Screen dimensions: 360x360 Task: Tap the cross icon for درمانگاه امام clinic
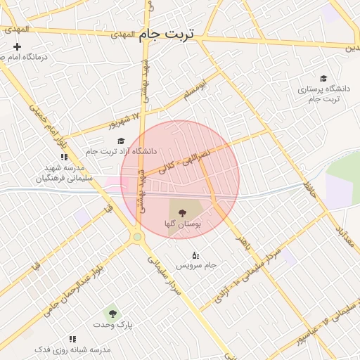click(18, 46)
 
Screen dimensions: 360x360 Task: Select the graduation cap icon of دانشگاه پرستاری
click(323, 79)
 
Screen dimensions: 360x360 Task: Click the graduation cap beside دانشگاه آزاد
click(122, 141)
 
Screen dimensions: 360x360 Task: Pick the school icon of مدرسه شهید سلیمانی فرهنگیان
click(64, 157)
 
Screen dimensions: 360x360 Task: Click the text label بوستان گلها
click(183, 224)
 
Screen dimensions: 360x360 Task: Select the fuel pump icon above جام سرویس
click(195, 255)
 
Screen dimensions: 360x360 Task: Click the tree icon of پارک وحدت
click(111, 313)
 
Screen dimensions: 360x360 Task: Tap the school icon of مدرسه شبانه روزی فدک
click(72, 339)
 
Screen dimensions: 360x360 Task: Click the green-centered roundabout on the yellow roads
click(137, 237)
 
